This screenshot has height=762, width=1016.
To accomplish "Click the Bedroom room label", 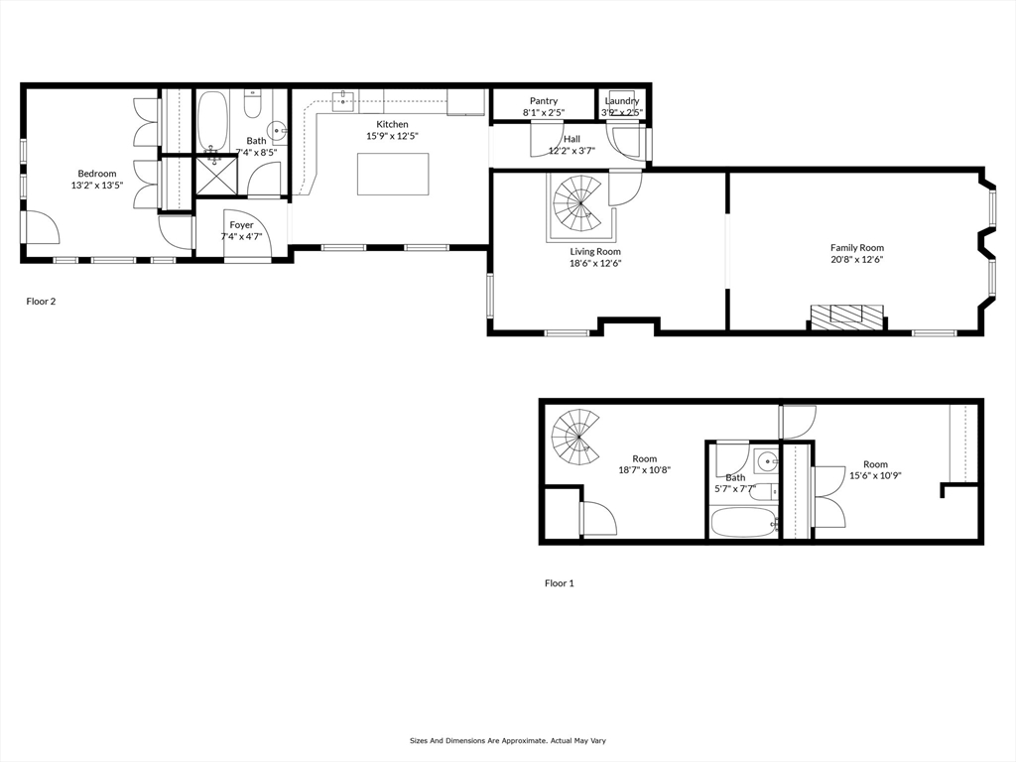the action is tap(97, 174).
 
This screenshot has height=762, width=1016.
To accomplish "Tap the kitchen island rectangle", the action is tap(393, 174).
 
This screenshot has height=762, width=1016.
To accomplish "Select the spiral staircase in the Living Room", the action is tap(579, 204).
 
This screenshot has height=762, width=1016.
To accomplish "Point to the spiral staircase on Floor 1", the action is tap(576, 437).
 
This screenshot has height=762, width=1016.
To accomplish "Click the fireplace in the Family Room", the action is tap(848, 316).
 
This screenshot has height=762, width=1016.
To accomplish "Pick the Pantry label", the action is tap(544, 101).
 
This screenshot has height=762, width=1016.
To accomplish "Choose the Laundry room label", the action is tap(622, 101).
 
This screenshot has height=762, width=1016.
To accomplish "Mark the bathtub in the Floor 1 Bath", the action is tap(743, 522).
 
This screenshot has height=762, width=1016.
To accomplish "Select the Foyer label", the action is tap(242, 225).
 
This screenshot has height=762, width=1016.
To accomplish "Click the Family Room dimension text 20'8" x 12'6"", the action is tap(857, 259).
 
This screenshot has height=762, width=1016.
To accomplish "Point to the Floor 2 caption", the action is tap(41, 302).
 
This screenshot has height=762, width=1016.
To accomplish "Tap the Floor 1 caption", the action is tap(560, 583).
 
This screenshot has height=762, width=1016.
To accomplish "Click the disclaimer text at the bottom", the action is tap(508, 740).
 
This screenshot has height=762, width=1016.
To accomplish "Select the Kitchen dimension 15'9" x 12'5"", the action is tap(393, 136).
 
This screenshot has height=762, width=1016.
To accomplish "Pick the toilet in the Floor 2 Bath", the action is tap(253, 104).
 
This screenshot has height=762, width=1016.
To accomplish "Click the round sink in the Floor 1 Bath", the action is tap(769, 462).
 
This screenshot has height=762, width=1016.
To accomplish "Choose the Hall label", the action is tap(572, 139).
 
